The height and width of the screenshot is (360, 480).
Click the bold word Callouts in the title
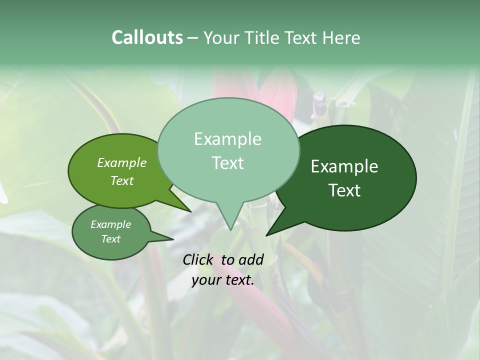147,37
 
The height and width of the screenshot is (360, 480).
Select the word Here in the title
341,37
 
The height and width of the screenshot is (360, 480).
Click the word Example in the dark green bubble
344,166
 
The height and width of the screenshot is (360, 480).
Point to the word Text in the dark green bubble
345,190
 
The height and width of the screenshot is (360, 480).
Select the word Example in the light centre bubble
227,139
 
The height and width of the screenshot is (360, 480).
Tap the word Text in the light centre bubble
228,163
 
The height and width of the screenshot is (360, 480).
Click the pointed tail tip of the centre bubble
230,229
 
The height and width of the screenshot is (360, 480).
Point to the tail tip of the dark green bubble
267,235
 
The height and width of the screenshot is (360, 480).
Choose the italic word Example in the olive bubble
121,162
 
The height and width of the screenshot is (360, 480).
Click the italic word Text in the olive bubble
122,180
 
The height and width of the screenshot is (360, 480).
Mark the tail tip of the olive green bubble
190,211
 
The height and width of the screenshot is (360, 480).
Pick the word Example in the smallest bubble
110,224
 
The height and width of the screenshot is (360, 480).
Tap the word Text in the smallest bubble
110,239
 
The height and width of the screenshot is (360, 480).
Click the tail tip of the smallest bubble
173,239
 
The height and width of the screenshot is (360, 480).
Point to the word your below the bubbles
206,280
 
